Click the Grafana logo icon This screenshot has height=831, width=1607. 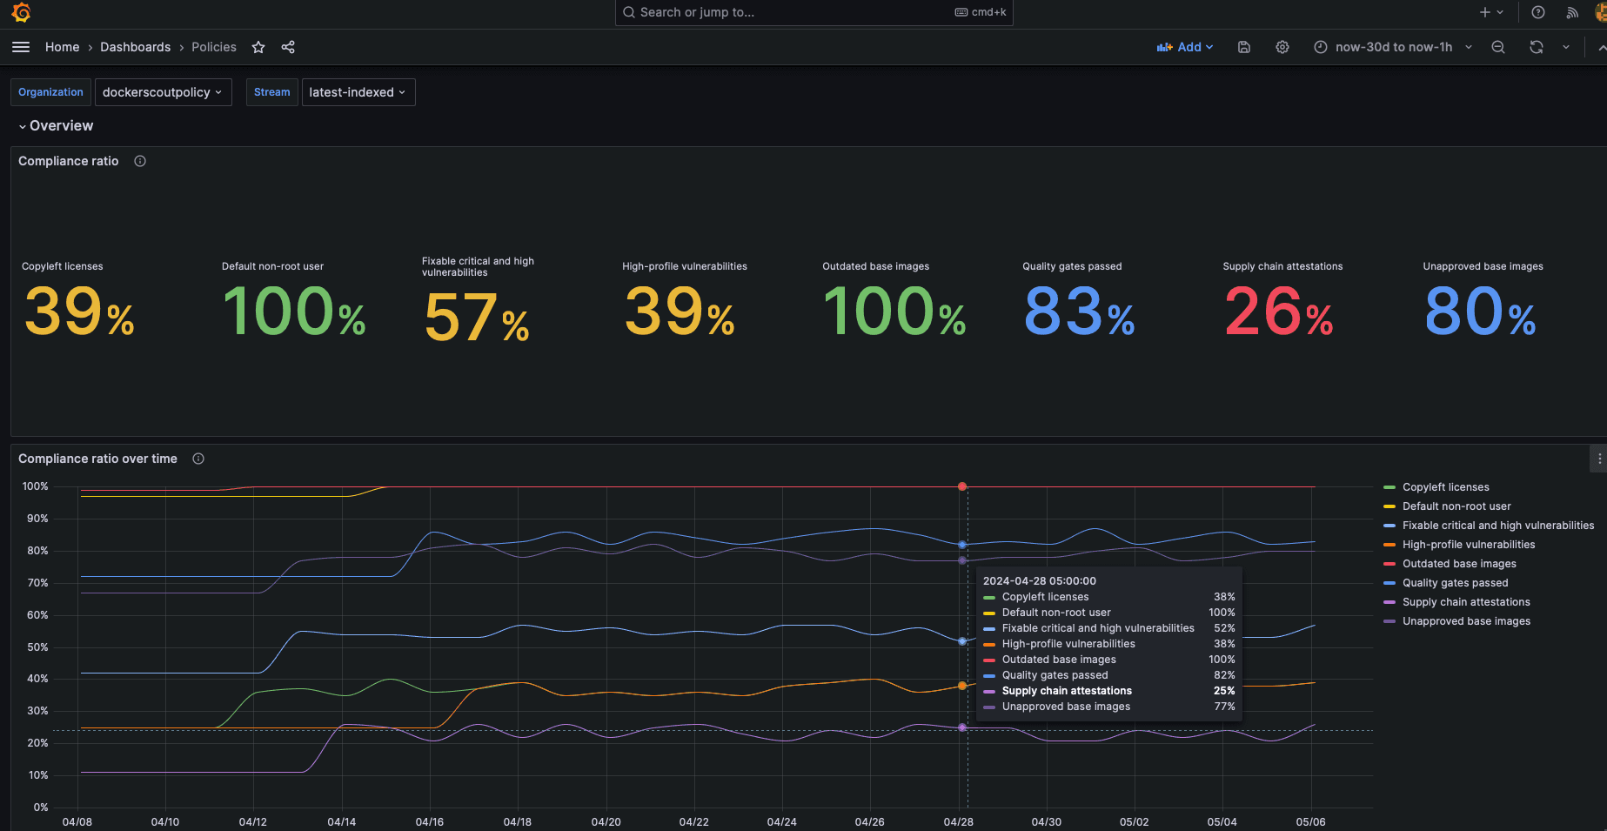tap(21, 12)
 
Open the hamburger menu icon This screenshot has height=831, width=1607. tap(21, 47)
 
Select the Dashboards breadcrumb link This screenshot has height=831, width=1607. tap(135, 47)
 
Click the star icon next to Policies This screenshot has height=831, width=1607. tap(258, 47)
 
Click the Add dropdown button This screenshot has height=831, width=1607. tap(1184, 47)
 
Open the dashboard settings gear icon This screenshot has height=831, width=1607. tap(1282, 47)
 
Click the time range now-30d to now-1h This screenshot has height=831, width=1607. tap(1392, 47)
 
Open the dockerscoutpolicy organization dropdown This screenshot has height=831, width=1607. tap(163, 92)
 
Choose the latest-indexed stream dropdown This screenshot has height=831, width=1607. tap(358, 92)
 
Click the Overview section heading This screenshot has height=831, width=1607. tap(61, 126)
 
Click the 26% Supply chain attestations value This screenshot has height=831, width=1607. tap(1277, 313)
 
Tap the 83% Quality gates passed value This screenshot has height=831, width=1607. tap(1078, 313)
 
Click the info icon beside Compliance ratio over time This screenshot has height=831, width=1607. tap(198, 459)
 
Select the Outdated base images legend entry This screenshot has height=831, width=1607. tap(1458, 564)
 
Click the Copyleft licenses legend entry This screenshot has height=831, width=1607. tap(1445, 487)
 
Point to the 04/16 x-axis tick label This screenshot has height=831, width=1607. tap(429, 821)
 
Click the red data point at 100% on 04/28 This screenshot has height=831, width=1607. tap(961, 486)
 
